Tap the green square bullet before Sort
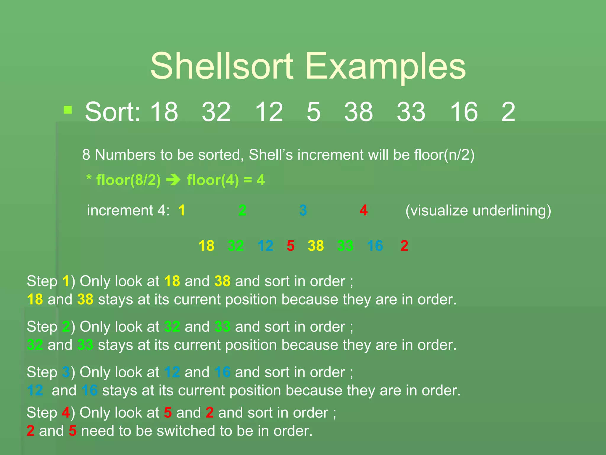point(68,110)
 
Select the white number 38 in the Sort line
point(358,112)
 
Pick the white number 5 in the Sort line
point(314,112)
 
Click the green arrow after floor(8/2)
point(173,180)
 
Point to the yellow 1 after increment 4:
point(182,210)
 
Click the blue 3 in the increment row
point(303,210)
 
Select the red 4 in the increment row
point(364,210)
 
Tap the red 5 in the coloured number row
point(291,246)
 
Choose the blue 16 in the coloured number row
point(375,246)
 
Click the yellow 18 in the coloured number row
point(206,246)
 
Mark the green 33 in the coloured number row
point(345,246)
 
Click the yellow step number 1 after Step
point(66,281)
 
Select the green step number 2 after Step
point(66,327)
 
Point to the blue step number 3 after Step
point(66,372)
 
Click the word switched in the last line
point(188,431)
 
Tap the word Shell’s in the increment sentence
point(271,155)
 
